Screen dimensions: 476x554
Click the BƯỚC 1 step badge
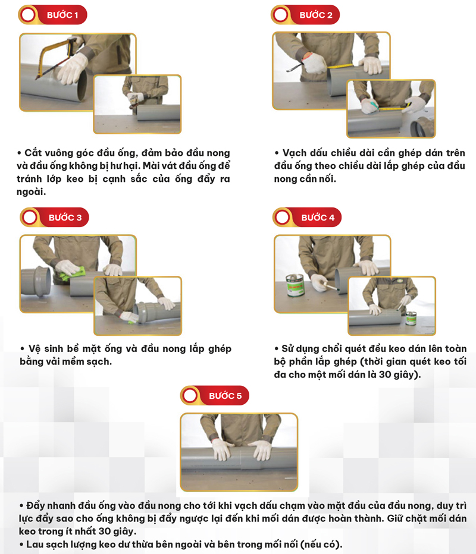(53, 15)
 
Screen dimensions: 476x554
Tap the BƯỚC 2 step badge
(305, 15)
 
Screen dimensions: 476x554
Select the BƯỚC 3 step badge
(55, 218)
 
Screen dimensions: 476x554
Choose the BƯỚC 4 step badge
(307, 218)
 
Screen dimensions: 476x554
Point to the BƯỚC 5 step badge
(215, 395)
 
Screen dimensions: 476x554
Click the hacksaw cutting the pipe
(53, 56)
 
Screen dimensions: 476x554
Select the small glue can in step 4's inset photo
(411, 318)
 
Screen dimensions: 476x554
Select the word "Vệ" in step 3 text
(35, 349)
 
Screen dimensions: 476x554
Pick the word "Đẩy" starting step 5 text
(36, 506)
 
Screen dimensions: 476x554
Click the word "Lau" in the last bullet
(34, 544)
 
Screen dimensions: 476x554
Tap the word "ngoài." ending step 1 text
(31, 192)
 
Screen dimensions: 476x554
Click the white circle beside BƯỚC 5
(190, 395)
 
